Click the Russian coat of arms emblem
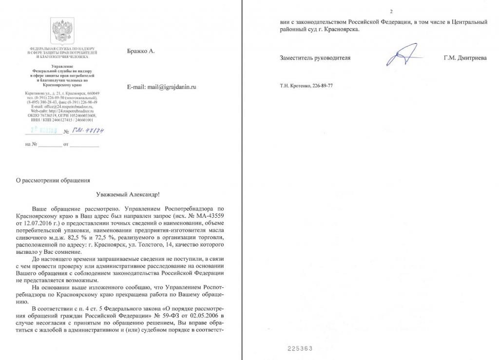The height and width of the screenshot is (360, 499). click(x=61, y=31)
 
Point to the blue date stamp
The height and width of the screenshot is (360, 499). click(x=42, y=131)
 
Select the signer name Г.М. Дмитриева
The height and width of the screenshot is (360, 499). click(x=465, y=58)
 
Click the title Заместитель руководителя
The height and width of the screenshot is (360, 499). click(x=315, y=58)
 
